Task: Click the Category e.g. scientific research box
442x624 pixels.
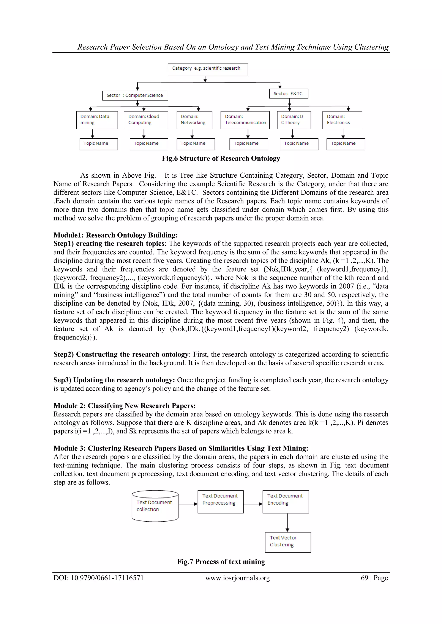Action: tap(208, 70)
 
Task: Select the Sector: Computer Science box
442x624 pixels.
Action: tap(135, 95)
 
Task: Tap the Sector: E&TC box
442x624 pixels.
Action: tap(289, 94)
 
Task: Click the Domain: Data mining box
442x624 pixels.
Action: tap(97, 120)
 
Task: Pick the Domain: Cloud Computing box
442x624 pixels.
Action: tap(146, 120)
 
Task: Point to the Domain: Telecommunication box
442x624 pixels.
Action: tap(245, 120)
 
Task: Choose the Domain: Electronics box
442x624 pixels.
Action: tap(342, 120)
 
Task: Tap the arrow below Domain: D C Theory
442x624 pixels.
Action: tap(293, 134)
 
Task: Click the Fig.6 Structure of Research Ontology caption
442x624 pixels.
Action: tap(221, 158)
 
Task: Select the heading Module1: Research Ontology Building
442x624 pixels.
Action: tap(115, 235)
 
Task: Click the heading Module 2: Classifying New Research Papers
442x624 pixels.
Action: tap(124, 405)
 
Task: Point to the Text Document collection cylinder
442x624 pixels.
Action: tap(155, 506)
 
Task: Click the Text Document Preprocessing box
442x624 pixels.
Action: tap(220, 502)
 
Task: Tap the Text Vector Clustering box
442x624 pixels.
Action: tap(288, 542)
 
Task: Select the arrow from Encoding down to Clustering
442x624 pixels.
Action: tap(287, 522)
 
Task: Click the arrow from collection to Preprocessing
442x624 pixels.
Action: tap(188, 504)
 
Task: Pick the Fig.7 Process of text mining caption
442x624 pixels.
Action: tap(221, 561)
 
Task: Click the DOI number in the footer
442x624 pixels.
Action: tap(107, 578)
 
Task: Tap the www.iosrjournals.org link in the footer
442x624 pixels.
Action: tap(237, 578)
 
